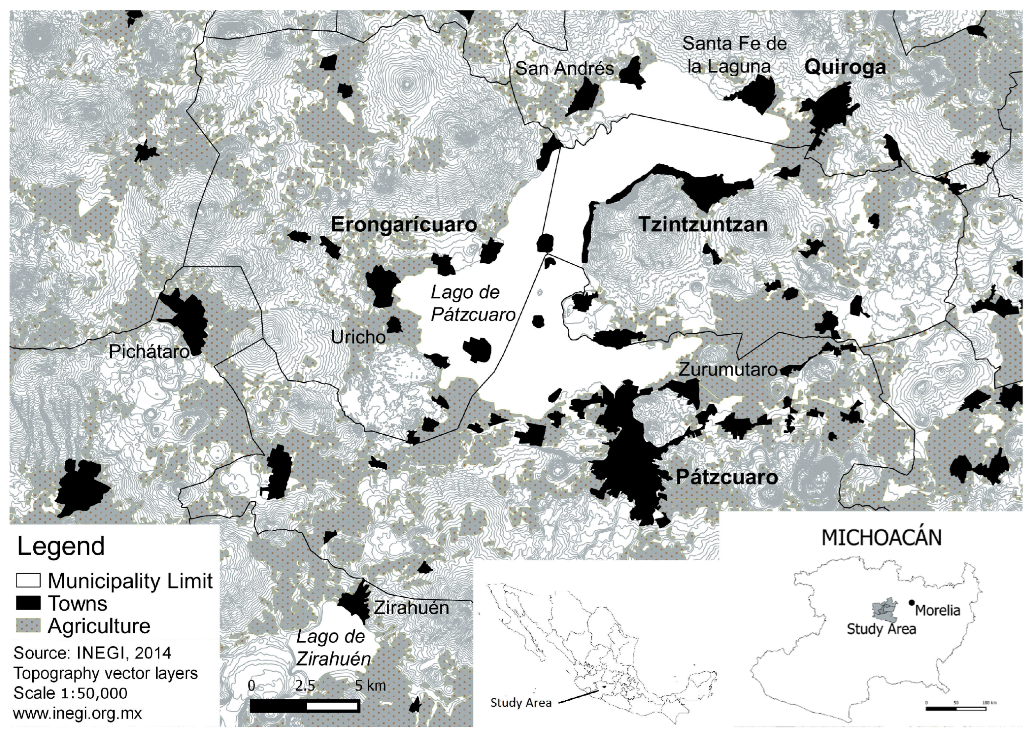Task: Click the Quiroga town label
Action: coord(845,67)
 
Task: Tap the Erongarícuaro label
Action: coord(404,225)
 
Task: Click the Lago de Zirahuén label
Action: coord(333,648)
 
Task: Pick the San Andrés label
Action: coord(564,69)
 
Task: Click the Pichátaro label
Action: coord(149,352)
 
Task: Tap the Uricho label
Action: coord(358,337)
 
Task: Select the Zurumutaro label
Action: coord(728,370)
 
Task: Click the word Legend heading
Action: coord(61,547)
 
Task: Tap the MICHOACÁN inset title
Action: coord(881,538)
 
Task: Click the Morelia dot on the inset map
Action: coord(912,603)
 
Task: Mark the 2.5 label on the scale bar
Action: coord(305,686)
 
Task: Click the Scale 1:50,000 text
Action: coord(70,693)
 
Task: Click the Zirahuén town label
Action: coord(411,608)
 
